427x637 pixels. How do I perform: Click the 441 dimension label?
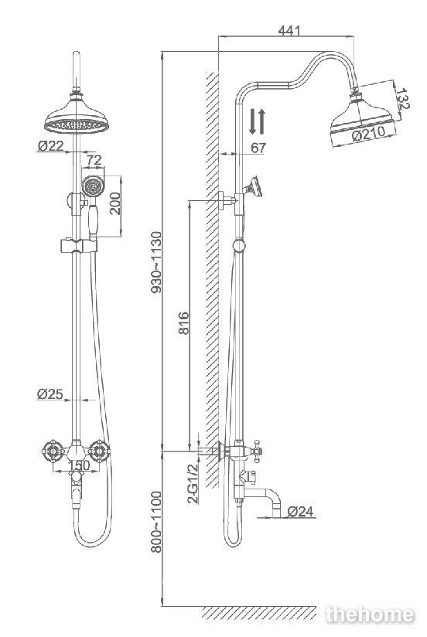pyautogui.click(x=289, y=30)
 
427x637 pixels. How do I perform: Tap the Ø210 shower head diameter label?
pyautogui.click(x=368, y=134)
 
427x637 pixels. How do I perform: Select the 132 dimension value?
pyautogui.click(x=402, y=99)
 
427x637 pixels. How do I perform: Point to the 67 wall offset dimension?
pyautogui.click(x=258, y=148)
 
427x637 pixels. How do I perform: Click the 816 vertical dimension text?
pyautogui.click(x=184, y=322)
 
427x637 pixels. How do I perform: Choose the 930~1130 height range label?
pyautogui.click(x=156, y=262)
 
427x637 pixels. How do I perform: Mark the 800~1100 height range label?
pyautogui.click(x=156, y=522)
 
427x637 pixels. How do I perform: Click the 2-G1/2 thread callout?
pyautogui.click(x=193, y=483)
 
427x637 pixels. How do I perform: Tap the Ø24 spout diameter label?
pyautogui.click(x=301, y=512)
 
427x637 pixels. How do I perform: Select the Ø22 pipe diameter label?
pyautogui.click(x=50, y=145)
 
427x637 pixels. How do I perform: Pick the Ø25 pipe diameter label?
pyautogui.click(x=50, y=393)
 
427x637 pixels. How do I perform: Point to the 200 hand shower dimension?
pyautogui.click(x=115, y=203)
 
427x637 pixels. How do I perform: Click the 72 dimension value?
pyautogui.click(x=94, y=160)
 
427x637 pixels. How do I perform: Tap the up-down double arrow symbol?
pyautogui.click(x=257, y=121)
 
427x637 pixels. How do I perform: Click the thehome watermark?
pyautogui.click(x=370, y=615)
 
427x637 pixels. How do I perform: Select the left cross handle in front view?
pyautogui.click(x=53, y=450)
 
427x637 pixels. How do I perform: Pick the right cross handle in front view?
pyautogui.click(x=99, y=450)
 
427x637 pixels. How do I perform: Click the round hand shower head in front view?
pyautogui.click(x=93, y=186)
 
